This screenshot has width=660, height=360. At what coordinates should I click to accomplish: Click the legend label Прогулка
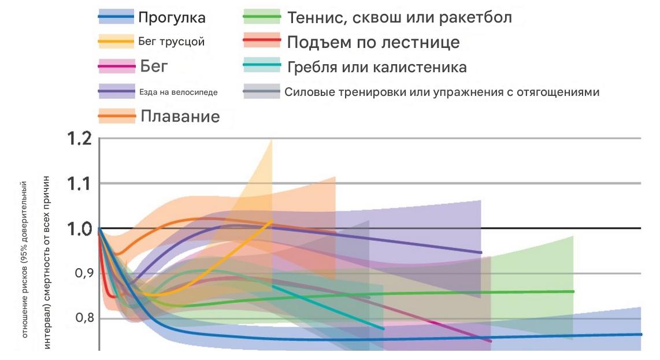(x=172, y=17)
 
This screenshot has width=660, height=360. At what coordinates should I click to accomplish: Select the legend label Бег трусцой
(x=172, y=42)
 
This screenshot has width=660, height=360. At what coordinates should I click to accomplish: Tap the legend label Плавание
(x=180, y=116)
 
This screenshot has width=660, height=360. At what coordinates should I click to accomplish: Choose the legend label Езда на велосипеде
(x=178, y=91)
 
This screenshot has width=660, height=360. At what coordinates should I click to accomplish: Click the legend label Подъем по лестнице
(x=373, y=42)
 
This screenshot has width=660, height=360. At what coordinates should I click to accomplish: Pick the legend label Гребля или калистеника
(x=377, y=67)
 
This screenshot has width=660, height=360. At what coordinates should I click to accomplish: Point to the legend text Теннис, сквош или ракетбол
(x=399, y=17)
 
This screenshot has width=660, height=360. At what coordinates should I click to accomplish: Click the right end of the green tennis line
(x=573, y=291)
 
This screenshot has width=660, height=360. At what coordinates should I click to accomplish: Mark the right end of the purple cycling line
(x=481, y=253)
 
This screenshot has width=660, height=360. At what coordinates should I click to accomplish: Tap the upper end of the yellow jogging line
(x=272, y=221)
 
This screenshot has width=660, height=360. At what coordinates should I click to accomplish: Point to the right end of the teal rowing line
(x=383, y=329)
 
